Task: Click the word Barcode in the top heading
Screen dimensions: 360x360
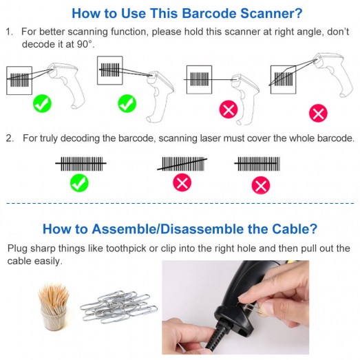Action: point(209,13)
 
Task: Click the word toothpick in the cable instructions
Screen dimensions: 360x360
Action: point(125,248)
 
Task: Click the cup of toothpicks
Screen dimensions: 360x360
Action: point(54,307)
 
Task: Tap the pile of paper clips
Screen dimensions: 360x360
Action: point(118,306)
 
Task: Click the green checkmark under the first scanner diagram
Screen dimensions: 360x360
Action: point(42,103)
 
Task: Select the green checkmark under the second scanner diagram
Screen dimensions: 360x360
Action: point(127,103)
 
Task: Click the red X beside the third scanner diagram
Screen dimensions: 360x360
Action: point(229,109)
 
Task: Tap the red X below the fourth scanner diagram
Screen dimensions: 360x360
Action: point(318,113)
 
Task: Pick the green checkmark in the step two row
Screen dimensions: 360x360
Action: point(79,183)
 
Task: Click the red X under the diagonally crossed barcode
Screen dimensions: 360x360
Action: point(182,182)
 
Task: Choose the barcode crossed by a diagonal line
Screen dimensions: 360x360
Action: point(182,164)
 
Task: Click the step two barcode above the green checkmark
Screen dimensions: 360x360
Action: point(81,164)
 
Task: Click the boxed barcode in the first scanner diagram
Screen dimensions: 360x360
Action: point(19,81)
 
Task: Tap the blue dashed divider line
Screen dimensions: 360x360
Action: point(180,203)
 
